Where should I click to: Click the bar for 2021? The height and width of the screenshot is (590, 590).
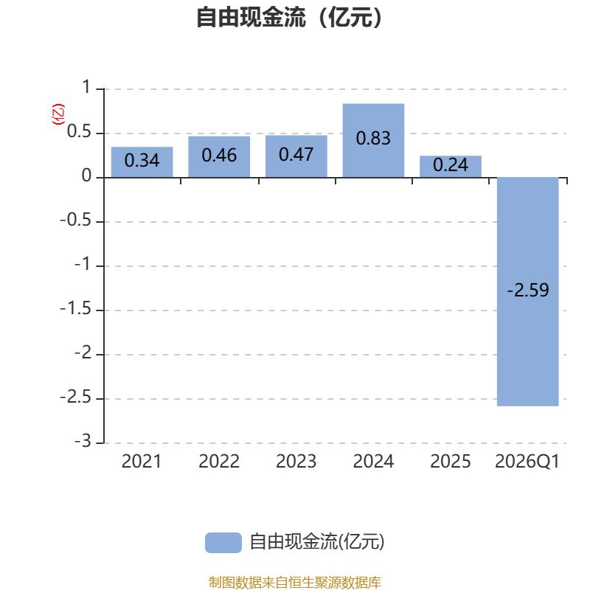(x=142, y=162)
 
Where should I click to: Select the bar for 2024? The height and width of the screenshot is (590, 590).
(x=373, y=140)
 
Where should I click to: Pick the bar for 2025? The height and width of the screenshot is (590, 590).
(x=451, y=167)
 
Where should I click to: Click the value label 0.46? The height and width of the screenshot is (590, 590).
(x=219, y=156)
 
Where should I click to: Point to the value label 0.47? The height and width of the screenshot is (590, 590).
(x=296, y=156)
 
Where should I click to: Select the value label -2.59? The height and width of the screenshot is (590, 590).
(x=528, y=291)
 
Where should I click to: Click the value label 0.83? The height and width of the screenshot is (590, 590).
(x=373, y=138)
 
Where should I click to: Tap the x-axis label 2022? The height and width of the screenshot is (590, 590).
(x=219, y=462)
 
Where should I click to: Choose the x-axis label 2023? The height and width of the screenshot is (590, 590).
(x=296, y=462)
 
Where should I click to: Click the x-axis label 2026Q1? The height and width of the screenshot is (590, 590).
(x=527, y=462)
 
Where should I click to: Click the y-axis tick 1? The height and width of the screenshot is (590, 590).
(x=86, y=88)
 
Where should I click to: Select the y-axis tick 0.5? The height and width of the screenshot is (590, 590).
(x=80, y=133)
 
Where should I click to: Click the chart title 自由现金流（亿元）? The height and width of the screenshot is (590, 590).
(x=294, y=18)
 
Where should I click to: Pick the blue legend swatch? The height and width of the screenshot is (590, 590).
(x=223, y=543)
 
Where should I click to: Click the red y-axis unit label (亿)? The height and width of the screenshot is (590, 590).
(x=58, y=114)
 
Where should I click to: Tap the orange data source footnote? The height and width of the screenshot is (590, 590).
(x=294, y=583)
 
